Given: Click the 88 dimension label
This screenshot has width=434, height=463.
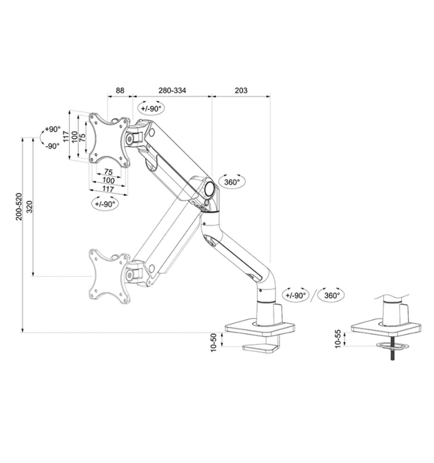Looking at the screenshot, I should click(x=119, y=90).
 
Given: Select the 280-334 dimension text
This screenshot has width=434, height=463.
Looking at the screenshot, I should click(x=172, y=90).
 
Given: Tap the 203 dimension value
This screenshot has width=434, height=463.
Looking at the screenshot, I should click(x=241, y=90).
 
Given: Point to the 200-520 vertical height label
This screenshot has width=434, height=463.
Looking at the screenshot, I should click(x=19, y=206).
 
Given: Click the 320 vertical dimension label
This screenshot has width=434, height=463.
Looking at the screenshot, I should click(x=30, y=206).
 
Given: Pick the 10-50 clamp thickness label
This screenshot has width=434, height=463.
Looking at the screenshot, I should click(x=213, y=343).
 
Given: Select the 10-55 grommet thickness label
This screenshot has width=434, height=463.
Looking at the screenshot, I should click(x=337, y=338).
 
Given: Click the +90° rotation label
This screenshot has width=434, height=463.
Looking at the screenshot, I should click(x=53, y=129).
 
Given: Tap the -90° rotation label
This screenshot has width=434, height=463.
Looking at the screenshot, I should click(x=53, y=146).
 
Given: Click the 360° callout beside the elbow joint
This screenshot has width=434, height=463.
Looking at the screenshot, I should click(x=232, y=182).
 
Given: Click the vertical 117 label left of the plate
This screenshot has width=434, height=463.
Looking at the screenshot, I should click(x=67, y=136).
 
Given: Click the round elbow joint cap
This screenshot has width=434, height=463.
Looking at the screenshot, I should click(x=210, y=188).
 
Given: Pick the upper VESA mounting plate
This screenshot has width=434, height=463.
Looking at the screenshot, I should click(x=108, y=139).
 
